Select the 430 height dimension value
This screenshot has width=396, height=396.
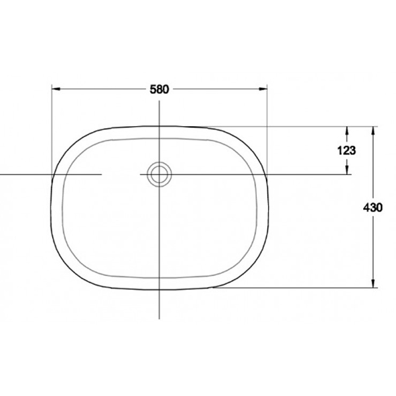[x=373, y=207]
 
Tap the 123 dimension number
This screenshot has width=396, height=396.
[x=346, y=150]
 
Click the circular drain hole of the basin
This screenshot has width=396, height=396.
[x=159, y=174]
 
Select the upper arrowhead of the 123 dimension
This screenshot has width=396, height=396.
[x=347, y=130]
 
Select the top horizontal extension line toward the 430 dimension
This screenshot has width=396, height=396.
[x=297, y=126]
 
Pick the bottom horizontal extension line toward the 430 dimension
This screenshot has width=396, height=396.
[x=297, y=287]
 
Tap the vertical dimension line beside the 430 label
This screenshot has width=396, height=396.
[x=374, y=251]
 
